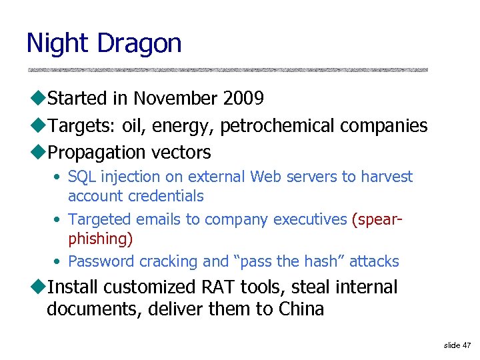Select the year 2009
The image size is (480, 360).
(x=243, y=99)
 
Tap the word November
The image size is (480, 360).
(x=175, y=99)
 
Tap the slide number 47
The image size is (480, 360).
(x=466, y=345)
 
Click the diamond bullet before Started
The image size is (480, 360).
(x=37, y=99)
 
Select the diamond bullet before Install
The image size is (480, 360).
(x=37, y=287)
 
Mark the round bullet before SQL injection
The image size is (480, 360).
(x=59, y=177)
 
